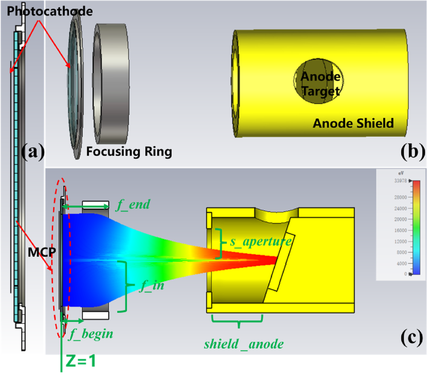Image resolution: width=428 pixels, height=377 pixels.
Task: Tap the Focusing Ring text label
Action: pyautogui.click(x=129, y=152)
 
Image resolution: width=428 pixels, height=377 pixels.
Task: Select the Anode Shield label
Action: pyautogui.click(x=353, y=123)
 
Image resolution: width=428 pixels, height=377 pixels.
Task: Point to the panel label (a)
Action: pyautogui.click(x=33, y=152)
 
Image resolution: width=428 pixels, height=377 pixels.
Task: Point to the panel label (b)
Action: pyautogui.click(x=412, y=152)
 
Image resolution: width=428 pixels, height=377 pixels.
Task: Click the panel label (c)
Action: pyautogui.click(x=412, y=338)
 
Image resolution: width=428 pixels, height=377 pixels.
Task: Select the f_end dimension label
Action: pyautogui.click(x=133, y=205)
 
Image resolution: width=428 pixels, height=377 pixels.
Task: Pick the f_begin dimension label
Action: pyautogui.click(x=91, y=334)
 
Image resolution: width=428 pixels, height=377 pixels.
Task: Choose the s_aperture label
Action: pyautogui.click(x=260, y=241)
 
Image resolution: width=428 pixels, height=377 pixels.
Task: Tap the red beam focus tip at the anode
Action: pyautogui.click(x=275, y=259)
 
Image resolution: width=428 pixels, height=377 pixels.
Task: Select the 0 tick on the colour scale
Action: pyautogui.click(x=405, y=274)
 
